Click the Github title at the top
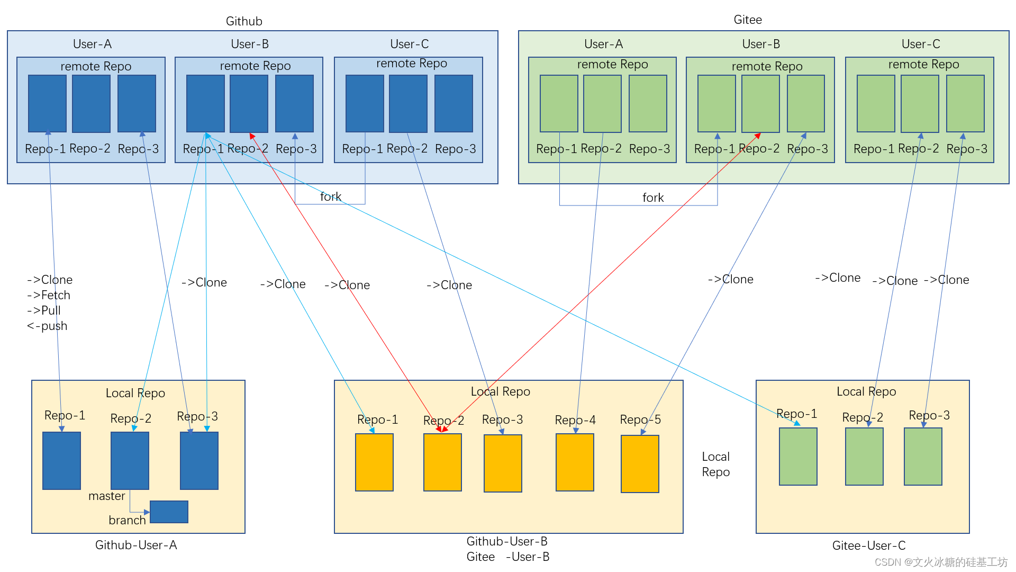coord(244,21)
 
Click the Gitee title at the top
coord(748,20)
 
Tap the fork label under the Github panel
coord(330,197)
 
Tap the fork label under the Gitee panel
coord(652,198)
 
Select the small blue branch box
coord(169,512)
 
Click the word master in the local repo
coord(106,496)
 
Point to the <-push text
coord(47,326)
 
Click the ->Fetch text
coord(48,295)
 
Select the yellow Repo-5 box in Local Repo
coord(640,463)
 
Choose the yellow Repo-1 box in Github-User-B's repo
coord(374,462)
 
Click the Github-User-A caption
coord(136,545)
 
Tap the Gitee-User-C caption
coord(869,546)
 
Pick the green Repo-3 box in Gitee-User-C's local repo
coord(923,457)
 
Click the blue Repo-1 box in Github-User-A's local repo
coord(61,460)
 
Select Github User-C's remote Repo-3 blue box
coord(453,103)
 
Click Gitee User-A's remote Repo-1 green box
coord(559,103)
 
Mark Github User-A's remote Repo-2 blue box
coord(91,103)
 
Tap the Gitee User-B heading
coord(761,44)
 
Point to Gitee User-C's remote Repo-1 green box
coord(876,103)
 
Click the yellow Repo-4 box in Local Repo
coord(575,462)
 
